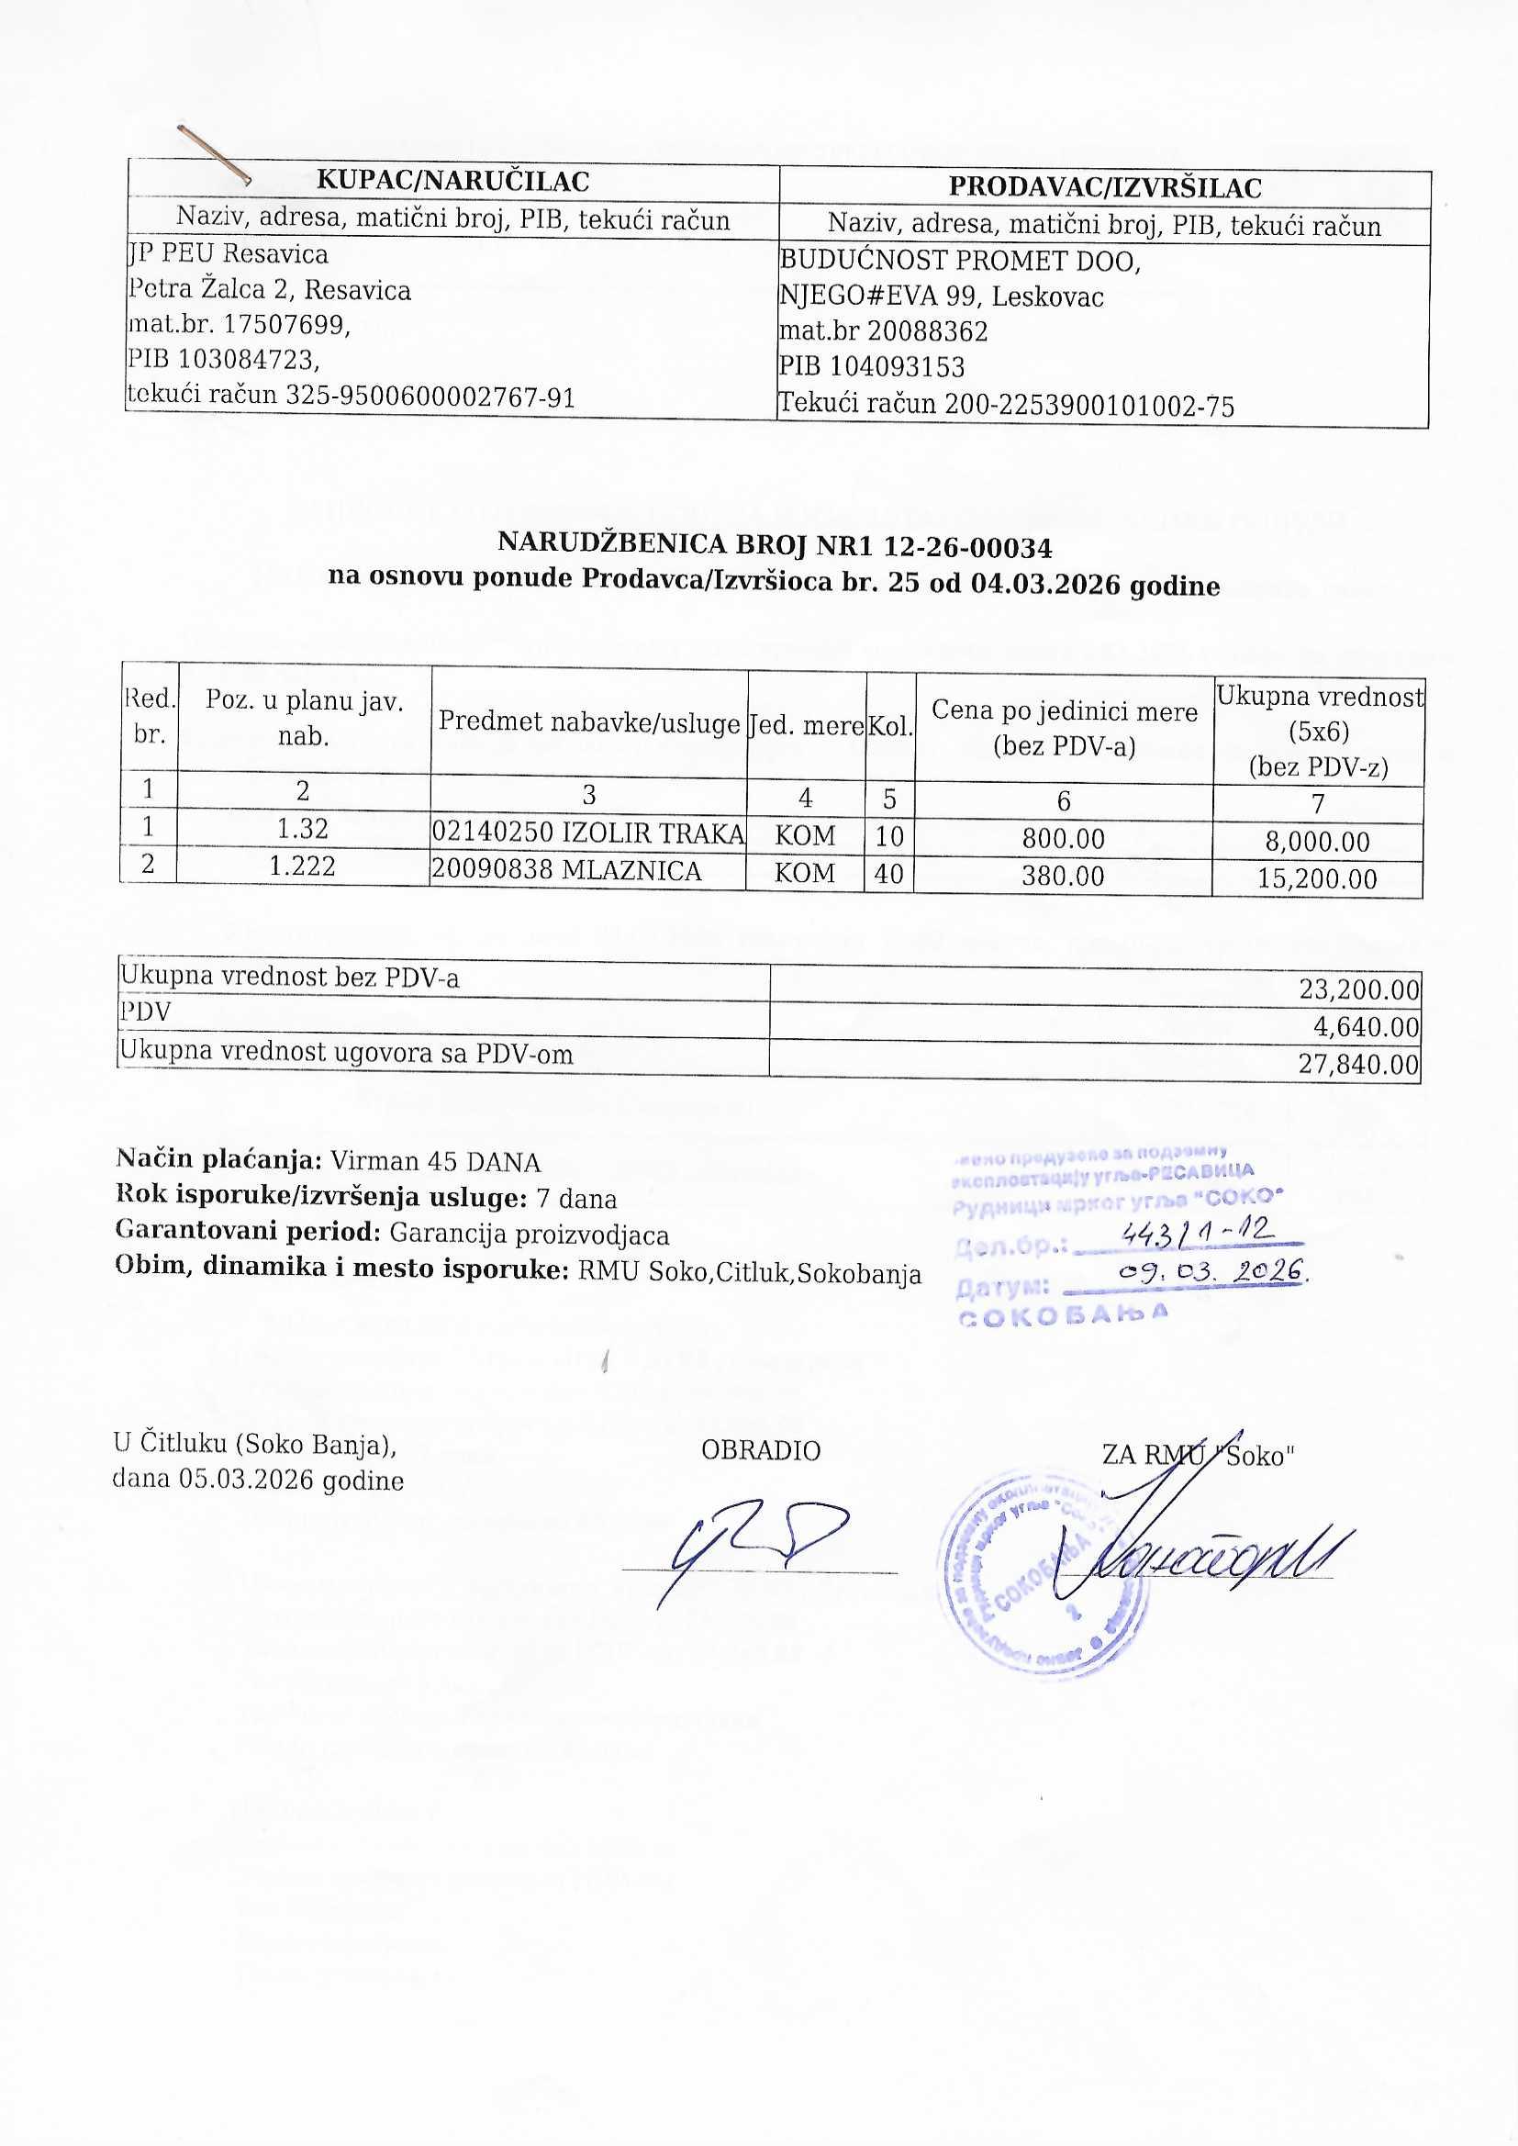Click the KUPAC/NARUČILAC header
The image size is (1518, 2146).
[x=452, y=180]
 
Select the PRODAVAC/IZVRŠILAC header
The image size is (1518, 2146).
[x=1105, y=187]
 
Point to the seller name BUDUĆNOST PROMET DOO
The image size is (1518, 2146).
[x=960, y=261]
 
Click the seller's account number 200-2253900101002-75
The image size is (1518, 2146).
[x=1089, y=405]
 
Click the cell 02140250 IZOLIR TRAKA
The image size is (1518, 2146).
[x=588, y=832]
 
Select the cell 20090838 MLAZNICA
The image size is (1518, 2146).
[x=566, y=870]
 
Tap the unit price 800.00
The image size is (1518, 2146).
[x=1063, y=838]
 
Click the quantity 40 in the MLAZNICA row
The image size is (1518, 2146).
[x=889, y=874]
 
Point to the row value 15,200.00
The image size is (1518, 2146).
[x=1317, y=878]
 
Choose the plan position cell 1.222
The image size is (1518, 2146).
[x=302, y=866]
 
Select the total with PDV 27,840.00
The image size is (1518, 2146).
[x=1359, y=1065]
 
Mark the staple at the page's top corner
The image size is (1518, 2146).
[x=213, y=153]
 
